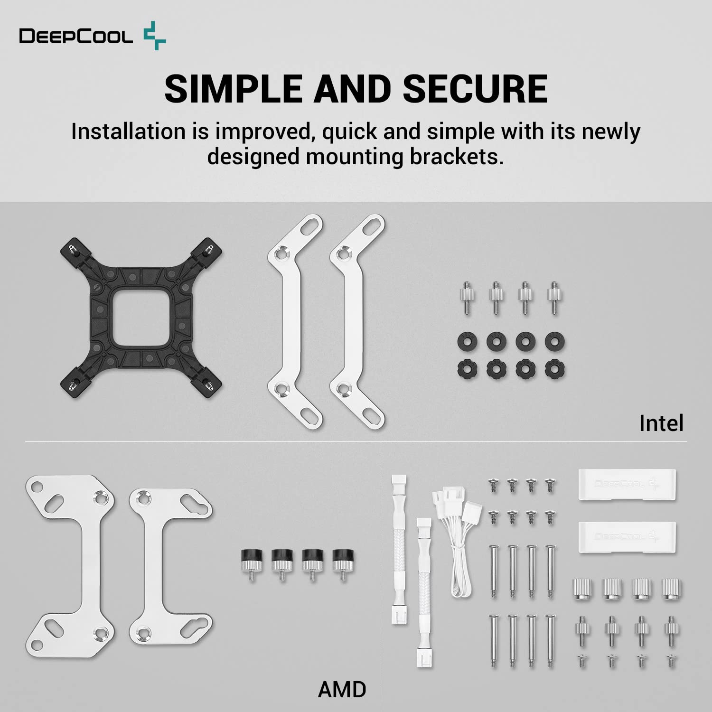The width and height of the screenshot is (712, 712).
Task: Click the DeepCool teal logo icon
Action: [155, 36]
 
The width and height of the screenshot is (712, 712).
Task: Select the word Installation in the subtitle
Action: [128, 131]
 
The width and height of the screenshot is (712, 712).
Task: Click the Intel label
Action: [661, 423]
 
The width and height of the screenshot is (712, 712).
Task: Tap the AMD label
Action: [342, 689]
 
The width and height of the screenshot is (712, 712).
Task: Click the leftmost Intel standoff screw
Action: [466, 297]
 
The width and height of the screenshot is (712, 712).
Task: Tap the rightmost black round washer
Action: [554, 341]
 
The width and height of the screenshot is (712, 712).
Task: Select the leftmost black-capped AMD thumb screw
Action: [252, 562]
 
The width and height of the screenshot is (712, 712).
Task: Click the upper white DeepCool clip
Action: [627, 484]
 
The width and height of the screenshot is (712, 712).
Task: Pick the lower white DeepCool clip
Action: [627, 536]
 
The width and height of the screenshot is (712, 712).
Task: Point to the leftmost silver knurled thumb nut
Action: [583, 590]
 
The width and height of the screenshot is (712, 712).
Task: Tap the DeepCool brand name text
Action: [76, 36]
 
